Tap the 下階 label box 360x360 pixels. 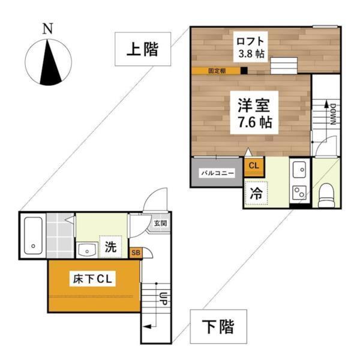[x=217, y=326]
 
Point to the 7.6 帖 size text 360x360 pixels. [x=251, y=124]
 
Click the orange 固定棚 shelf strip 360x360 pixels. [x=217, y=71]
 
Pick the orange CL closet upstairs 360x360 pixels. [x=253, y=165]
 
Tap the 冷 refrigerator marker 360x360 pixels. [x=256, y=194]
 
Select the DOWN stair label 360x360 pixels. [x=331, y=113]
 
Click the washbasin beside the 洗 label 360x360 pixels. [x=87, y=247]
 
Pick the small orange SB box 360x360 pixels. [x=136, y=253]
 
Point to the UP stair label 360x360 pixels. [x=163, y=297]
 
